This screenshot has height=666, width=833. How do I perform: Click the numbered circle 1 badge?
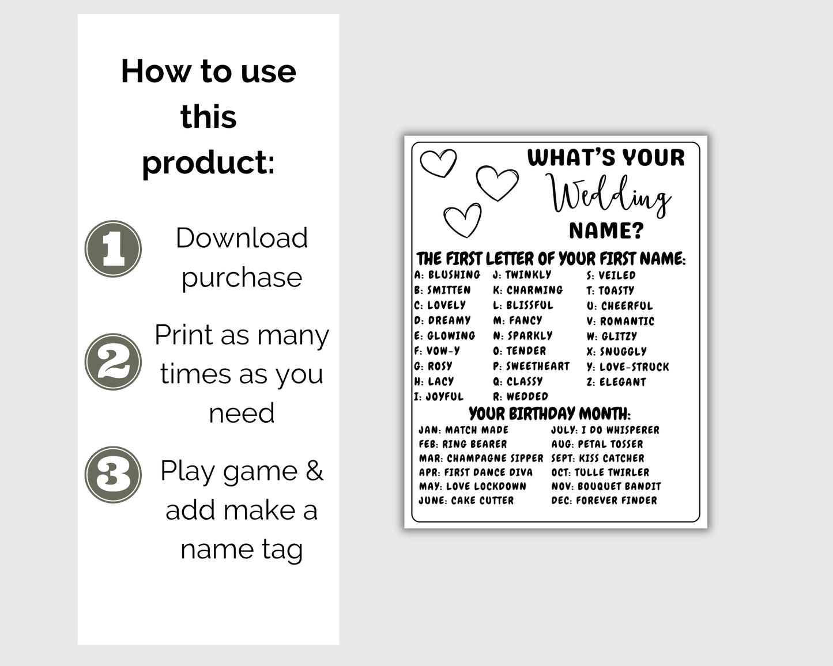tap(113, 249)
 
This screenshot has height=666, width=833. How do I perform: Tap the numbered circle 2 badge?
tap(113, 362)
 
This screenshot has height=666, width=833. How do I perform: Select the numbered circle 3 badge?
tap(113, 475)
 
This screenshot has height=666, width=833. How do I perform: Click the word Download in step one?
tap(242, 238)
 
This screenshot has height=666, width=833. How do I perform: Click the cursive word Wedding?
tap(609, 195)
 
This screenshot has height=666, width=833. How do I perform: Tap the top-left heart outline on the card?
tap(438, 162)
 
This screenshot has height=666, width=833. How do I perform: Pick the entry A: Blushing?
tap(447, 275)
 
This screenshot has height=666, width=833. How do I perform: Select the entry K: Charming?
tap(527, 290)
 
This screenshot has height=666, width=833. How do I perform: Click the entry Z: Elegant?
tap(616, 381)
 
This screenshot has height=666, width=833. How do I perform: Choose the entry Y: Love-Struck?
tap(628, 366)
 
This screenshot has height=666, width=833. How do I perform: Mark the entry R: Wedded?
tap(520, 396)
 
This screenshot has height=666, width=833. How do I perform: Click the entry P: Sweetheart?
tap(531, 366)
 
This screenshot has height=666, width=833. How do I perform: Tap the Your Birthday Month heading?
tap(549, 414)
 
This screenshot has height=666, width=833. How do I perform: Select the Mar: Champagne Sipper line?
tap(481, 458)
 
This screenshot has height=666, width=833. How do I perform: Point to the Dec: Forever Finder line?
tap(604, 500)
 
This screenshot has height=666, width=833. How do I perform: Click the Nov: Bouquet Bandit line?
tap(606, 486)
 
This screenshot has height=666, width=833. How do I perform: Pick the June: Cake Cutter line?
tap(466, 500)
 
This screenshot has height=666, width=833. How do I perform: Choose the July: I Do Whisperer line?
tap(605, 430)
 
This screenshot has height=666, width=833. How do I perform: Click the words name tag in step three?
tap(242, 549)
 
